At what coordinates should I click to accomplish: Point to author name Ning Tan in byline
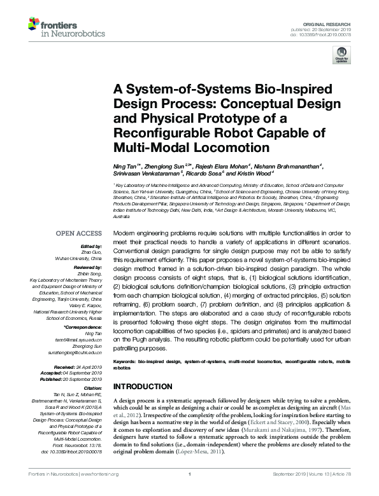[125, 166]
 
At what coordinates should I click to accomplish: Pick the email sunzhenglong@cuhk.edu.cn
[77, 352]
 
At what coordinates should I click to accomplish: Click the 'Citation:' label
[92, 387]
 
